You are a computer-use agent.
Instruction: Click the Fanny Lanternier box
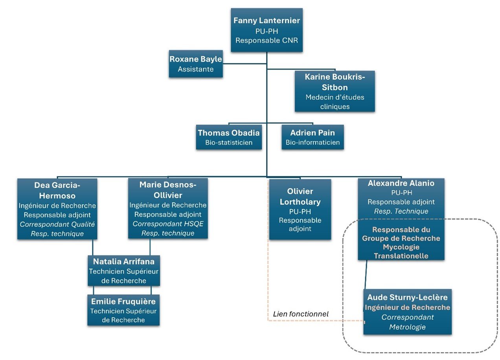tap(267, 30)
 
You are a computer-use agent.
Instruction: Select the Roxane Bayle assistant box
tap(196, 64)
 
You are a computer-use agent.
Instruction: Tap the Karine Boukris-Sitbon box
tap(335, 91)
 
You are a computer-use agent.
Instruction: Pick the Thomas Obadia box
tap(229, 137)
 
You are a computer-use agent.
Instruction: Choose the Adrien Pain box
tap(312, 137)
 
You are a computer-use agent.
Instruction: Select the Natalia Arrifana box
tap(124, 271)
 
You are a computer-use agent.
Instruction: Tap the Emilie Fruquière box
tap(123, 310)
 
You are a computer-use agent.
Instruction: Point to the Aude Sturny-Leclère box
tap(407, 312)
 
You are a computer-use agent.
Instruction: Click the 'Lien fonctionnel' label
tap(300, 314)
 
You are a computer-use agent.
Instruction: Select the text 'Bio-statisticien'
tap(229, 142)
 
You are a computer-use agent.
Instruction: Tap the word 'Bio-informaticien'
tap(312, 142)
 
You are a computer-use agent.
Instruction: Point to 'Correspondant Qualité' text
tap(57, 224)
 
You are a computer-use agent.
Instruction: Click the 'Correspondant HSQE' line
tap(168, 224)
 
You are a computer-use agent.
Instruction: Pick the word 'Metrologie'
tap(407, 327)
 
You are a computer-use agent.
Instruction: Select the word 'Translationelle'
tap(401, 256)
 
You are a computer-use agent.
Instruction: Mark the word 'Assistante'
tap(196, 69)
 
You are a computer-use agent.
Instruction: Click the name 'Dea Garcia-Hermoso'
tap(57, 190)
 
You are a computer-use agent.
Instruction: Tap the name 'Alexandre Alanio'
tap(401, 183)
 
